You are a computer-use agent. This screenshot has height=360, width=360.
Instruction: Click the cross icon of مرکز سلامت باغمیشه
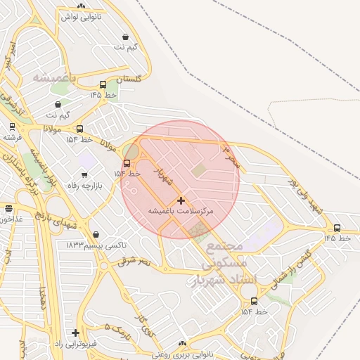(x=181, y=200)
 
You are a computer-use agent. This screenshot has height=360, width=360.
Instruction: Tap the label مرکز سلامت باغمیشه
(x=181, y=211)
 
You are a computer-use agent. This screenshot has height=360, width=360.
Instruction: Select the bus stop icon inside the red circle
(x=127, y=164)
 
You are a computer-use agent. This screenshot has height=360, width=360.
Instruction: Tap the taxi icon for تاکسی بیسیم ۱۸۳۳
(x=96, y=235)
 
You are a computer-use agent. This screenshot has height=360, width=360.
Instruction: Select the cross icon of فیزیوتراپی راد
(x=75, y=333)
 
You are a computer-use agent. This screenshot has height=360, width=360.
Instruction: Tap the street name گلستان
(x=131, y=79)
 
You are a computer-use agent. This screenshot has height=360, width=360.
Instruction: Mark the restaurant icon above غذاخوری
(x=8, y=209)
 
